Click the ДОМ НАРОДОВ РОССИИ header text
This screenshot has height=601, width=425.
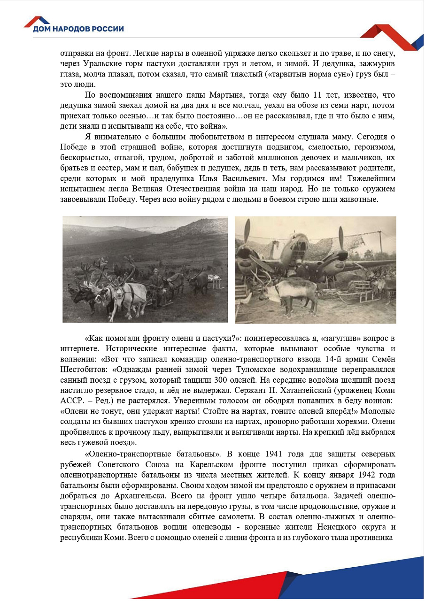(x=78, y=29)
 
